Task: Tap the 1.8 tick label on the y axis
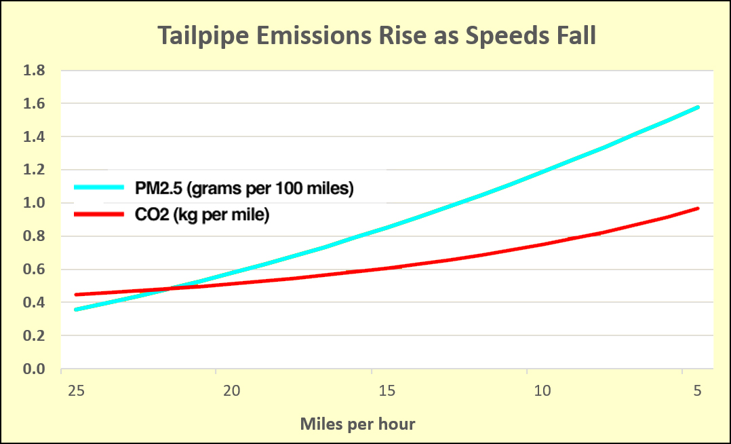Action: point(34,71)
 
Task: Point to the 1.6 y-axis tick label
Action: point(34,104)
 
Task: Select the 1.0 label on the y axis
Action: point(34,203)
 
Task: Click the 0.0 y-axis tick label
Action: point(34,369)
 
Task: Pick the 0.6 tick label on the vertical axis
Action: point(34,270)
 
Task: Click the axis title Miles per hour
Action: point(357,424)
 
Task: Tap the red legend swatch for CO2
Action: point(99,215)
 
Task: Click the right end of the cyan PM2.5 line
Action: point(698,107)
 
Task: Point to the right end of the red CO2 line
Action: point(698,208)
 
